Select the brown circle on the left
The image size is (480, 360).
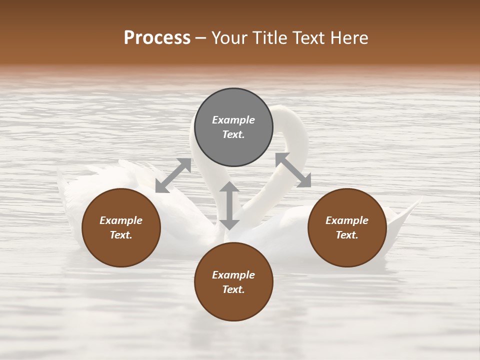click(x=121, y=227)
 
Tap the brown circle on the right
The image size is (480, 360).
click(x=347, y=227)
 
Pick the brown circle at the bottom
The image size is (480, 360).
click(x=233, y=281)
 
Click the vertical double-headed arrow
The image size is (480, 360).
click(x=229, y=205)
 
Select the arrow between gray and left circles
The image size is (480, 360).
click(x=173, y=175)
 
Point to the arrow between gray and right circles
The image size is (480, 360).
click(x=293, y=170)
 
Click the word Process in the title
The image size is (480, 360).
click(x=157, y=38)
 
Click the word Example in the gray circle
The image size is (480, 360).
click(x=233, y=120)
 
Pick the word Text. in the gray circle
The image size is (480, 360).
click(x=233, y=134)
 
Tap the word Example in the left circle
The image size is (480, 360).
click(x=121, y=220)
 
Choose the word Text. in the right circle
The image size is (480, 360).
click(x=347, y=235)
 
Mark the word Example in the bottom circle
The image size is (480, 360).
click(x=233, y=275)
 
